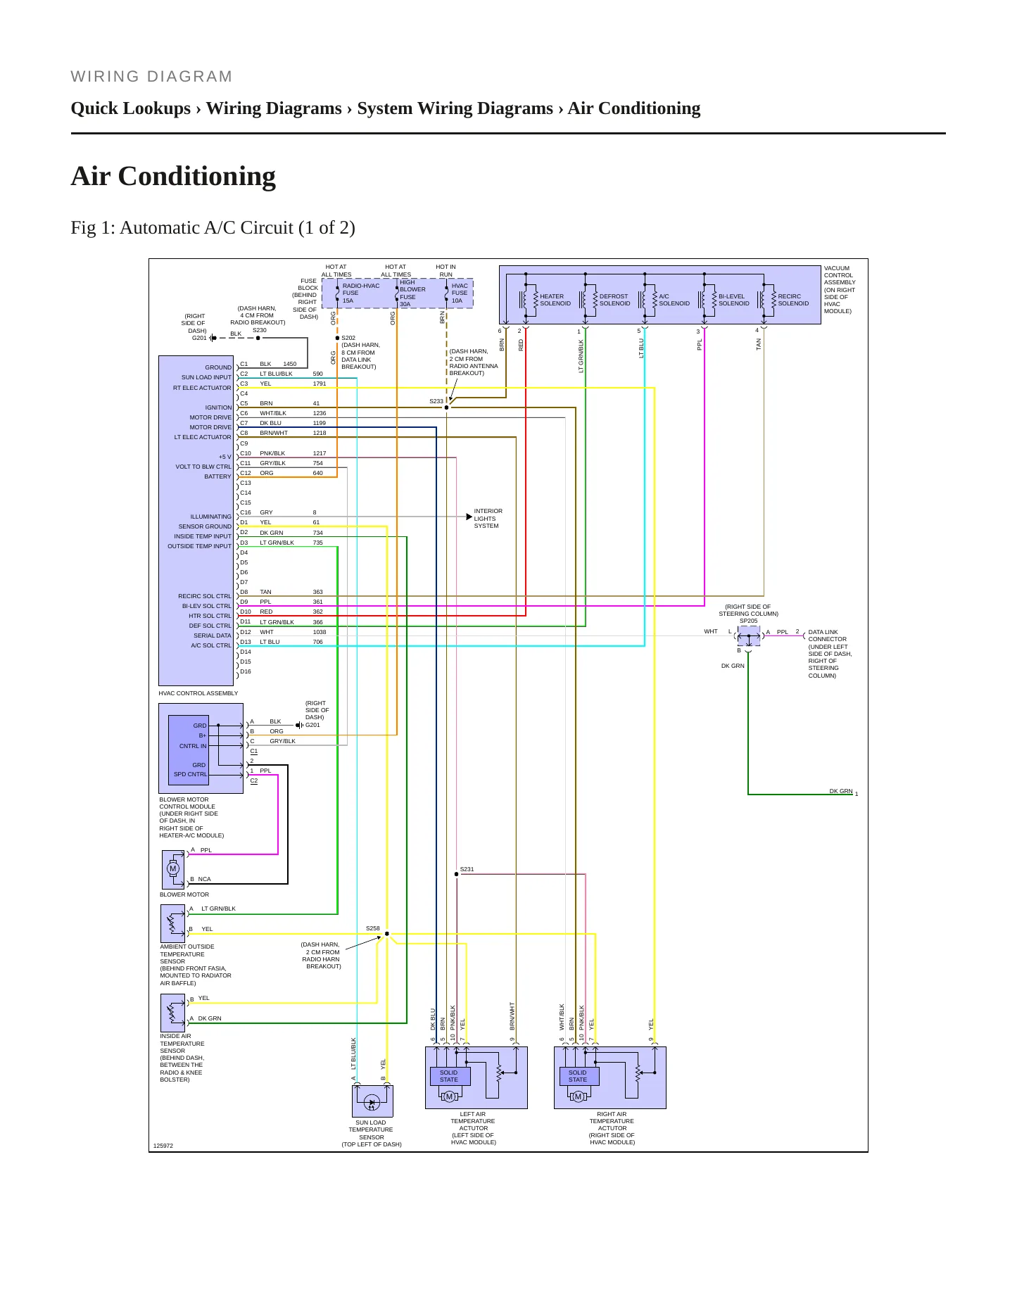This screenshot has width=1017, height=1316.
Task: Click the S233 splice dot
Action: (x=446, y=407)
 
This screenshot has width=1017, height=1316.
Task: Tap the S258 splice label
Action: (x=373, y=928)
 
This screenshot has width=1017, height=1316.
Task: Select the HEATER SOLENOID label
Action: (x=555, y=300)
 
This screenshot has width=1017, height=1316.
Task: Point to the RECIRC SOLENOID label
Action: (x=793, y=300)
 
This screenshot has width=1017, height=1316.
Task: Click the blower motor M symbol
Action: (x=173, y=868)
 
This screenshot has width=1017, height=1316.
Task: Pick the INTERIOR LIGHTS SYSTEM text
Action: (x=488, y=519)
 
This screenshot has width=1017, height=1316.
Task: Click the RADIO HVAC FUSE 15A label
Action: (x=361, y=293)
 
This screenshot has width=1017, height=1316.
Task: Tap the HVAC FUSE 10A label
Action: (x=459, y=293)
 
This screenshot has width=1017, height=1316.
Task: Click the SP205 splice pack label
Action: (x=748, y=621)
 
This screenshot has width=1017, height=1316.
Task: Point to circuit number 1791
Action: (x=320, y=384)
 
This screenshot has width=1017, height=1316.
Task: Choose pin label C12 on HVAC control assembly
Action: (x=245, y=473)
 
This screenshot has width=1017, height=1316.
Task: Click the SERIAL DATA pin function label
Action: (x=213, y=635)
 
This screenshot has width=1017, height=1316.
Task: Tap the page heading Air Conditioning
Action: (x=173, y=176)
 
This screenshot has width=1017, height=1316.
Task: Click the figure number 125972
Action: (x=163, y=1146)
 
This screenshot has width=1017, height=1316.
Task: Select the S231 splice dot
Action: (x=456, y=874)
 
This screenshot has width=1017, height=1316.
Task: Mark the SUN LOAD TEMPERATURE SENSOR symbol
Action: (x=372, y=1101)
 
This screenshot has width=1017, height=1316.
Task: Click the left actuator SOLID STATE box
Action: (x=449, y=1076)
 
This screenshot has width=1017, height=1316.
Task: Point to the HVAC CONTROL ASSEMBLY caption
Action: (x=198, y=693)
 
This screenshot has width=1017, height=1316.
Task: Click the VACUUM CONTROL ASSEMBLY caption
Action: (x=840, y=289)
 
